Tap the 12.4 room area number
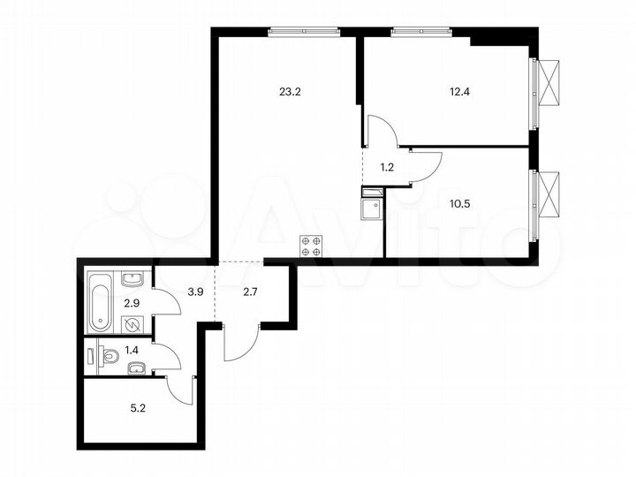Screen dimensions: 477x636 tap(449, 90)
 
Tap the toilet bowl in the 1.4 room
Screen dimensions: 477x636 tap(110, 357)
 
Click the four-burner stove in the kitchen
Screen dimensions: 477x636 tap(312, 246)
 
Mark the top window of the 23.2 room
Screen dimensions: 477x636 tap(305, 31)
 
